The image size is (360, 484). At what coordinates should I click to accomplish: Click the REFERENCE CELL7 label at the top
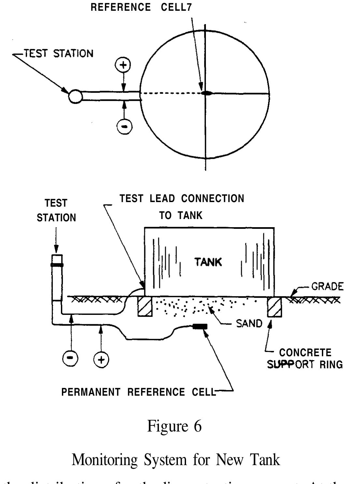[x=141, y=7]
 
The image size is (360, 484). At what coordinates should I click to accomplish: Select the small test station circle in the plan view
[x=75, y=96]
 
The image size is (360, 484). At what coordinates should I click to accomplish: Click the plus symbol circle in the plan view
[x=123, y=65]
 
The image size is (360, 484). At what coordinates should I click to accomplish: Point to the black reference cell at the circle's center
[x=206, y=93]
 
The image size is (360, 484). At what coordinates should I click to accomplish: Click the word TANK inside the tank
[x=208, y=262]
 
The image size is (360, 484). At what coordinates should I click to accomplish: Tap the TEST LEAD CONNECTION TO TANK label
[x=181, y=207]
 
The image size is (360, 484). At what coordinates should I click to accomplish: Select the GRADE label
[x=327, y=286]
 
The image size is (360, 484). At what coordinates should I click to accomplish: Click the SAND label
[x=250, y=324]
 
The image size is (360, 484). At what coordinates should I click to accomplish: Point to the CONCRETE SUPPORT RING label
[x=305, y=358]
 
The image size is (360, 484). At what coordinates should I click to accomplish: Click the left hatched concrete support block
[x=145, y=306]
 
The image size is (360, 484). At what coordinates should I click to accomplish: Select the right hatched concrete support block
[x=274, y=306]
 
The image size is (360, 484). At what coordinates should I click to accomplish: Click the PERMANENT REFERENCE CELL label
[x=138, y=392]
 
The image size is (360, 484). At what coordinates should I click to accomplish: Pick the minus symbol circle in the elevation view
[x=70, y=359]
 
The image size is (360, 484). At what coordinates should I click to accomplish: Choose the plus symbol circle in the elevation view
[x=101, y=359]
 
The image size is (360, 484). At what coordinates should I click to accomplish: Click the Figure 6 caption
[x=174, y=426]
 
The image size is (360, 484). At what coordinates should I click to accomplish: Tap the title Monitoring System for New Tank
[x=176, y=460]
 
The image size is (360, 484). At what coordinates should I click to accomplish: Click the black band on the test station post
[x=57, y=265]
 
